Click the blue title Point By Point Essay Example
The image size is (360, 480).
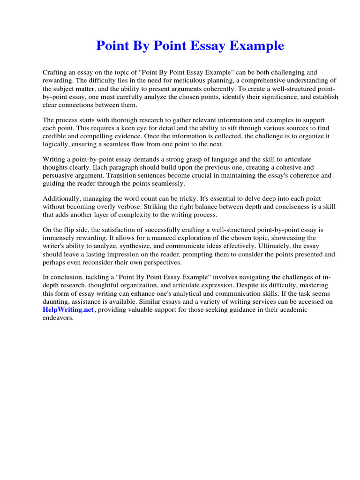(190, 46)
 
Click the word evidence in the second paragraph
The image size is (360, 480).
(119, 136)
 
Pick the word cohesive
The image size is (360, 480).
(276, 167)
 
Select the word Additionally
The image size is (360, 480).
(61, 199)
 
